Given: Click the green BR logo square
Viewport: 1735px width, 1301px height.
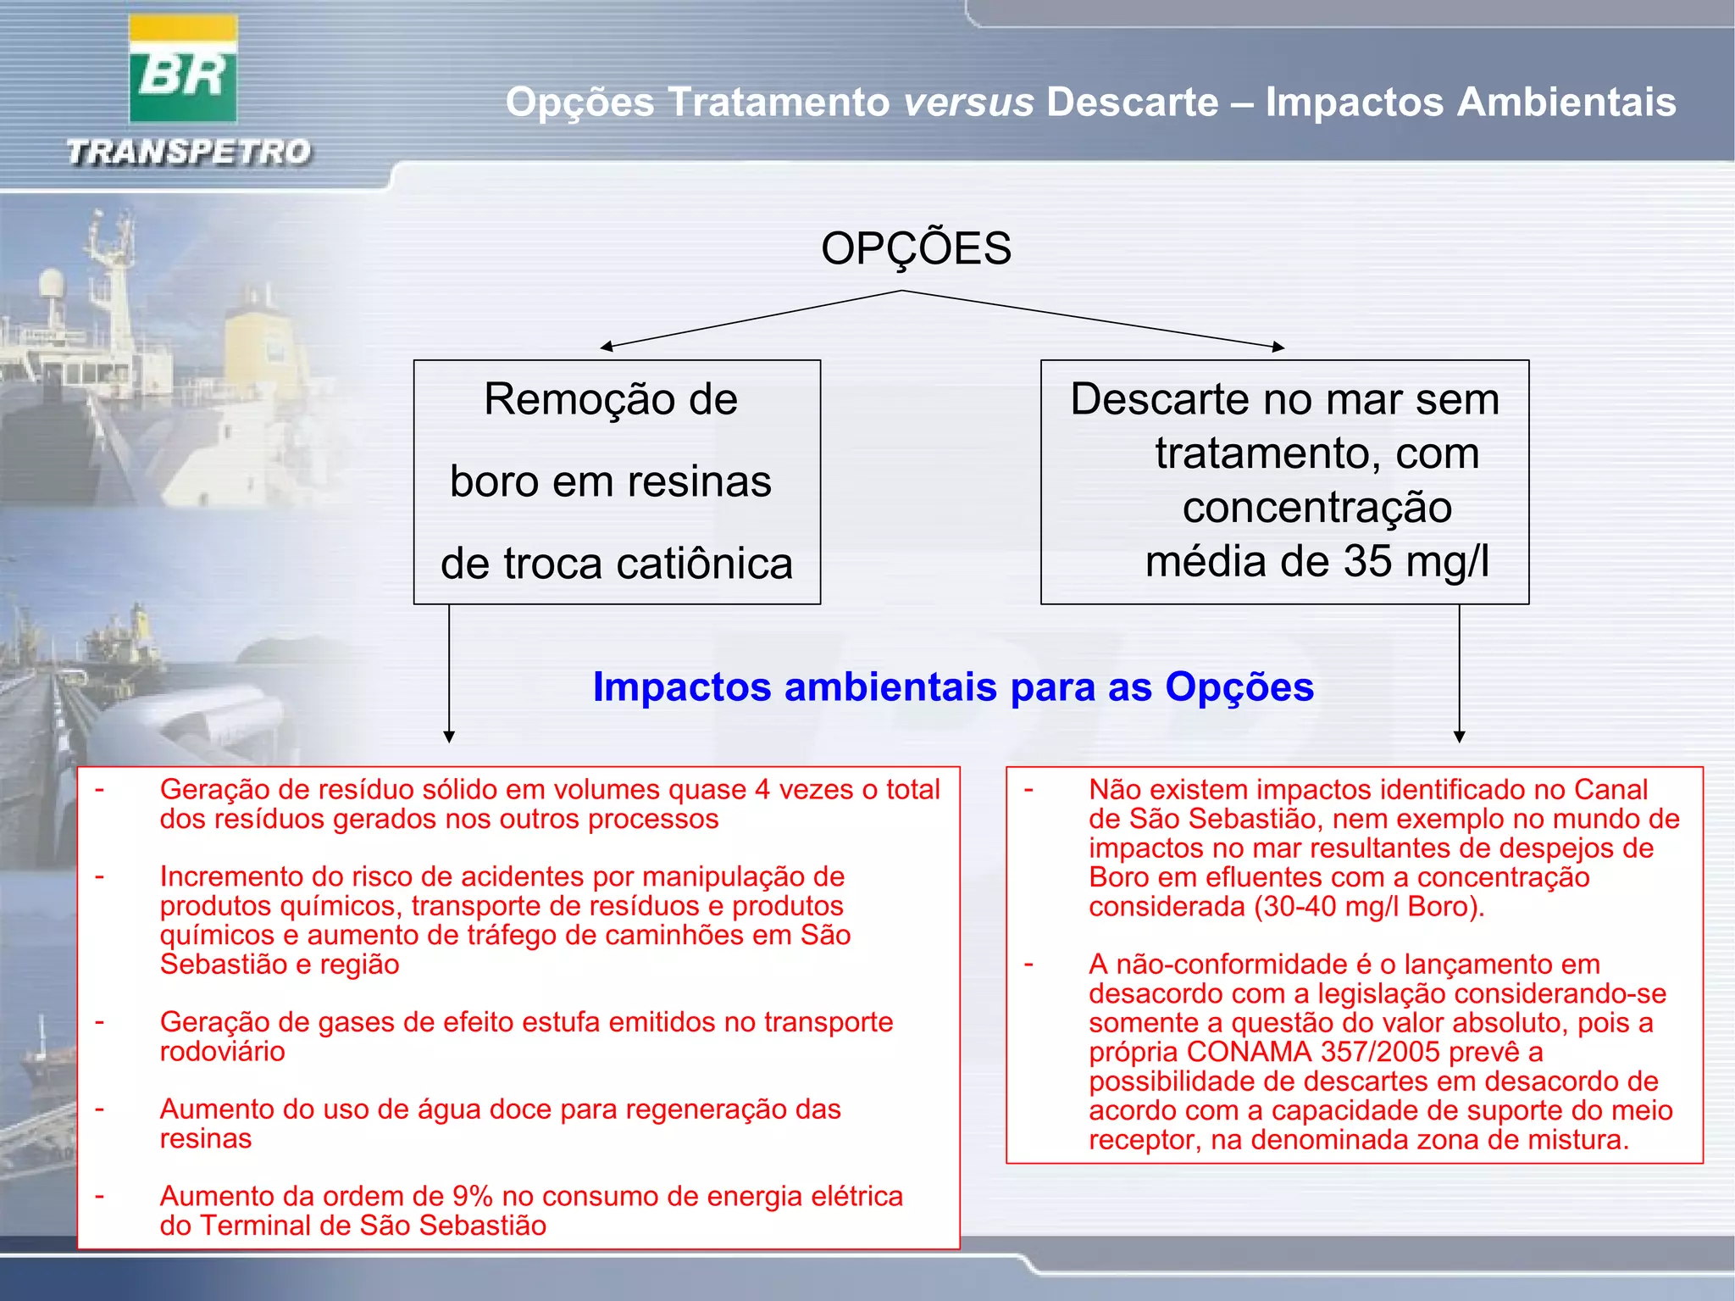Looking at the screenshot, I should pos(182,81).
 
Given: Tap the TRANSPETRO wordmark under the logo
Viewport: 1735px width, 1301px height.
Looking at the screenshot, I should pos(189,153).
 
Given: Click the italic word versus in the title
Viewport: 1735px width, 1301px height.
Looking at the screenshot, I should pos(968,103).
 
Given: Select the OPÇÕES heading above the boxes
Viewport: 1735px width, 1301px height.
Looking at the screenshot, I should pos(916,248).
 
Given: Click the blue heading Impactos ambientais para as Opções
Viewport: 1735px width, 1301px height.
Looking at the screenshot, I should pos(953,687).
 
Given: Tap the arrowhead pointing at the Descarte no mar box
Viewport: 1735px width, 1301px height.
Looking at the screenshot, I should pos(1278,346).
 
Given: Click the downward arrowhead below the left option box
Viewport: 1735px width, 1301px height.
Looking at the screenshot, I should pos(449,737).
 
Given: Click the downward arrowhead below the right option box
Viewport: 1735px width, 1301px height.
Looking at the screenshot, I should pos(1459,737).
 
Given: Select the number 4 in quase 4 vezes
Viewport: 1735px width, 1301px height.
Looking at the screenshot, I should pos(762,790).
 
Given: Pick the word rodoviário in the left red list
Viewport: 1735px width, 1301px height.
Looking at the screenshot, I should pos(222,1052).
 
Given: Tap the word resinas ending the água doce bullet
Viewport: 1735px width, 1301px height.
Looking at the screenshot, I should pos(205,1139).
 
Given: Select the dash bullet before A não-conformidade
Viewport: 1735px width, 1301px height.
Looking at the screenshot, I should pos(1028,965).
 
